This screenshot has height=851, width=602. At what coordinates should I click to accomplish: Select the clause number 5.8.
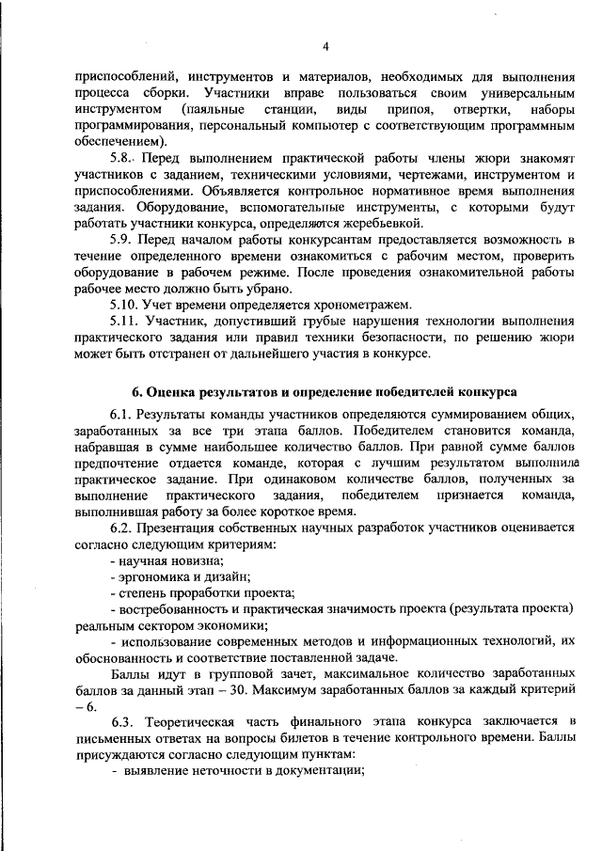coord(123,159)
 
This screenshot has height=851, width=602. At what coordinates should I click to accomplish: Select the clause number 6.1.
coord(123,415)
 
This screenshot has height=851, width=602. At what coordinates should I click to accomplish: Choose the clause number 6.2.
coord(123,528)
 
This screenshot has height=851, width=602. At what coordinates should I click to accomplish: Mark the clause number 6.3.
coord(123,720)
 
